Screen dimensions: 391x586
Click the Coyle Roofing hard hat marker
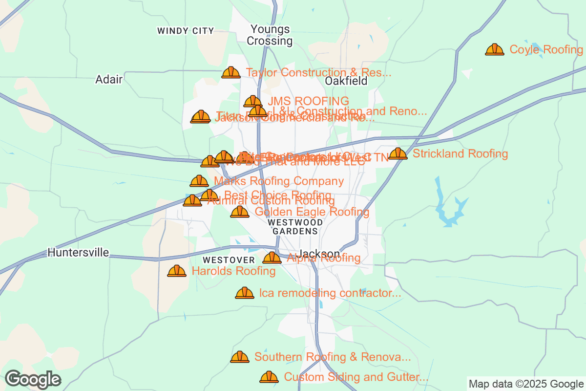[x=495, y=49]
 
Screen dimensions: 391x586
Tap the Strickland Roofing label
[x=460, y=153]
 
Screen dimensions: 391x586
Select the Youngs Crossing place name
[x=270, y=35]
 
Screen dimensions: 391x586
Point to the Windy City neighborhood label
[x=186, y=31]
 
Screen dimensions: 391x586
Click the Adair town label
[x=109, y=79]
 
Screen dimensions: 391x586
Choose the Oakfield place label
[x=346, y=81]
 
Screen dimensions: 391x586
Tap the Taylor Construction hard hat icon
[x=231, y=73]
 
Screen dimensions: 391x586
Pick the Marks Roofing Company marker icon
[x=199, y=181]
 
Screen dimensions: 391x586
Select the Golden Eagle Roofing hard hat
[x=239, y=212]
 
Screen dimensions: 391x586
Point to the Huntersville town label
[x=78, y=253]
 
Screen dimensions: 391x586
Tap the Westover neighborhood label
[x=229, y=260]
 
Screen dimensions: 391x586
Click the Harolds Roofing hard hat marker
[x=177, y=271]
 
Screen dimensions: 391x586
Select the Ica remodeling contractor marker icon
[x=245, y=293]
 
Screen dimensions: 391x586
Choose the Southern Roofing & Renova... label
[x=333, y=357]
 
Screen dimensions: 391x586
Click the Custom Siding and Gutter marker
[x=269, y=377]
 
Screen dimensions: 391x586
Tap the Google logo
[x=33, y=379]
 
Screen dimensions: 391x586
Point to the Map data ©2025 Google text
[x=526, y=384]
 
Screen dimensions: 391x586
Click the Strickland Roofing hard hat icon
[x=398, y=153]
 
